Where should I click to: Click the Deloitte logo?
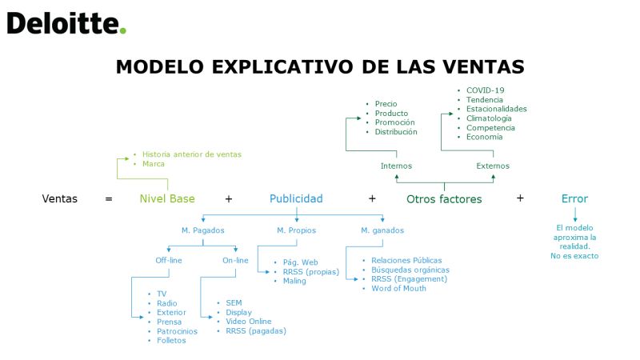click(x=66, y=23)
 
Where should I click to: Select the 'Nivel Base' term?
click(x=167, y=198)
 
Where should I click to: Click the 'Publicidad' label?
click(x=296, y=198)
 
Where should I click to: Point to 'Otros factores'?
click(x=444, y=199)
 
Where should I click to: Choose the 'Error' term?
click(x=574, y=198)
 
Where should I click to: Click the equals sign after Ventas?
click(x=109, y=199)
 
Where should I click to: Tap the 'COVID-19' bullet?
click(x=486, y=90)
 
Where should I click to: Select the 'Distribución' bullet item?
click(x=396, y=132)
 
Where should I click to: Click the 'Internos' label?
click(x=396, y=166)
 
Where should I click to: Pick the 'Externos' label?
click(x=493, y=166)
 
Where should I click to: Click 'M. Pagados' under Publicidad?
click(x=203, y=230)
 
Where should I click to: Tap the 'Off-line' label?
click(x=169, y=261)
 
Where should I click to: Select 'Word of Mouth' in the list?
click(x=398, y=288)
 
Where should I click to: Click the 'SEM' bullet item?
click(x=234, y=303)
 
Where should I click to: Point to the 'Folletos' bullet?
click(x=171, y=341)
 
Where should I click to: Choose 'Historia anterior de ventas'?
click(x=192, y=154)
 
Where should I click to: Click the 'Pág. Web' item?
click(x=301, y=262)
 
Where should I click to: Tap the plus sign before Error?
click(x=520, y=198)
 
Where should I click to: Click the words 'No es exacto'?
click(x=574, y=256)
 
